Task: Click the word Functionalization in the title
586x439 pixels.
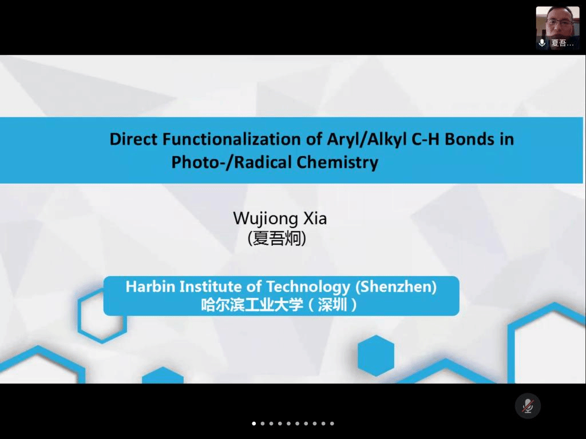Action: point(232,139)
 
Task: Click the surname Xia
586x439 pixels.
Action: point(315,218)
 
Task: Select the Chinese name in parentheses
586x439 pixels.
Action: point(277,238)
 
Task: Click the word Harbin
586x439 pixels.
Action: point(151,287)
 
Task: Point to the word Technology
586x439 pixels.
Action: point(308,287)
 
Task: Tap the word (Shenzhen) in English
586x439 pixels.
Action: point(396,287)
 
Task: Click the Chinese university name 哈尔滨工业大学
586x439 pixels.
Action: point(252,305)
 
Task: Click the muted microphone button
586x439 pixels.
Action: point(528,406)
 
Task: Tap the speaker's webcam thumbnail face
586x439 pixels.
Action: point(557,22)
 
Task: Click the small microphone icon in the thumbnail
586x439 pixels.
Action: point(542,42)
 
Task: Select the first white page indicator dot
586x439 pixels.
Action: point(254,424)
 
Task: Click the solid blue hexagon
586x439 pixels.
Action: point(376,356)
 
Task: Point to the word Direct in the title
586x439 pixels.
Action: point(133,139)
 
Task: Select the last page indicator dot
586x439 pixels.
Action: point(332,424)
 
